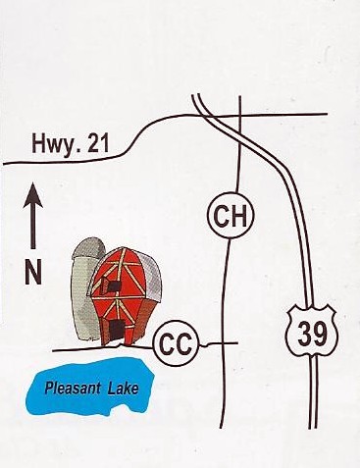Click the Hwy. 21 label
coord(70,143)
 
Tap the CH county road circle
coord(231,216)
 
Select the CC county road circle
coord(177,344)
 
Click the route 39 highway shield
coord(312,333)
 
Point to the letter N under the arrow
coord(33,272)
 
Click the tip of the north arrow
coord(33,183)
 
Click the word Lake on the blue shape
coord(123,389)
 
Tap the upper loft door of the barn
coord(110,286)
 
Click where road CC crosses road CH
coord(224,343)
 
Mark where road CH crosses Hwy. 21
coord(240,115)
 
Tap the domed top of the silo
coord(88,247)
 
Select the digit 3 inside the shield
coord(305,335)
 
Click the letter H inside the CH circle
coord(239,216)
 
